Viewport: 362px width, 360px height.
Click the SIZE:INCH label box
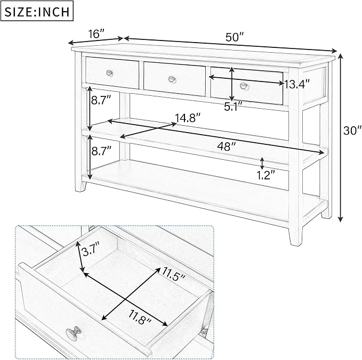pyautogui.click(x=37, y=11)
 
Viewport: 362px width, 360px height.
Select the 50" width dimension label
pyautogui.click(x=235, y=37)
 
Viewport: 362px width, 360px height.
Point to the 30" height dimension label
pyautogui.click(x=352, y=131)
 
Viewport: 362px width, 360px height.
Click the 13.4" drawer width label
pyautogui.click(x=296, y=84)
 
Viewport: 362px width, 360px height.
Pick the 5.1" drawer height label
pyautogui.click(x=234, y=107)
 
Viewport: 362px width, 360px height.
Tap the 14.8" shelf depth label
pyautogui.click(x=188, y=118)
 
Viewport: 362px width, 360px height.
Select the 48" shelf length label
pyautogui.click(x=227, y=146)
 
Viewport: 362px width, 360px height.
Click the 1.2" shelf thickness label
pyautogui.click(x=266, y=175)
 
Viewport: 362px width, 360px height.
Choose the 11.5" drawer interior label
pyautogui.click(x=174, y=274)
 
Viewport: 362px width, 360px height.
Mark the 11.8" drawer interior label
pyautogui.click(x=140, y=317)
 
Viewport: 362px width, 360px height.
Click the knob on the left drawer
pyautogui.click(x=110, y=73)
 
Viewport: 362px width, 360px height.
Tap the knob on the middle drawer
pyautogui.click(x=172, y=79)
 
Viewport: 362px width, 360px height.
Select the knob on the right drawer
pyautogui.click(x=244, y=86)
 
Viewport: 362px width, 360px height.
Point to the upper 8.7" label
pyautogui.click(x=101, y=101)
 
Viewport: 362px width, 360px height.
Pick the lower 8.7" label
pyautogui.click(x=101, y=151)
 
